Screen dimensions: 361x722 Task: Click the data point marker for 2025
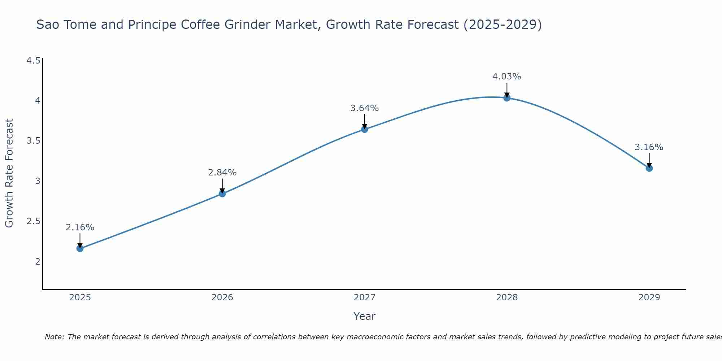(80, 248)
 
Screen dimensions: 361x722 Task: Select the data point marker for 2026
(222, 193)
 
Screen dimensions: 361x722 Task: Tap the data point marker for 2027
(365, 129)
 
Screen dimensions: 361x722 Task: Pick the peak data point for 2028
(507, 98)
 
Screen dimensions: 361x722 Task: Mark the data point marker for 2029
(649, 168)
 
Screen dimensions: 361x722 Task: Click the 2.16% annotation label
(80, 227)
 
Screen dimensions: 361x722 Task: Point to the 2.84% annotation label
(222, 173)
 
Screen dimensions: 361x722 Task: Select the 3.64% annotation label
(365, 108)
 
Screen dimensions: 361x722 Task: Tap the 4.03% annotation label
(507, 77)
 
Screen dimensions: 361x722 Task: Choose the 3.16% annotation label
(649, 147)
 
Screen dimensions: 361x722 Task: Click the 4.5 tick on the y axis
(33, 60)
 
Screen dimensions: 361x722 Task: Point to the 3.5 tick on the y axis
(33, 141)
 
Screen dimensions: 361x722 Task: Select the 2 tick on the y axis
(38, 261)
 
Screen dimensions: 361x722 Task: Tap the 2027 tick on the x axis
(365, 297)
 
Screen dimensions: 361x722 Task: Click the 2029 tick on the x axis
(649, 297)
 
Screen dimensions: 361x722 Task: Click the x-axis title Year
(365, 316)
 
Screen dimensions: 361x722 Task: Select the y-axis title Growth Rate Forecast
(9, 173)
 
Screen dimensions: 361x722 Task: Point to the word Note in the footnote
(54, 337)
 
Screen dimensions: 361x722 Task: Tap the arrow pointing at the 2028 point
(507, 90)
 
